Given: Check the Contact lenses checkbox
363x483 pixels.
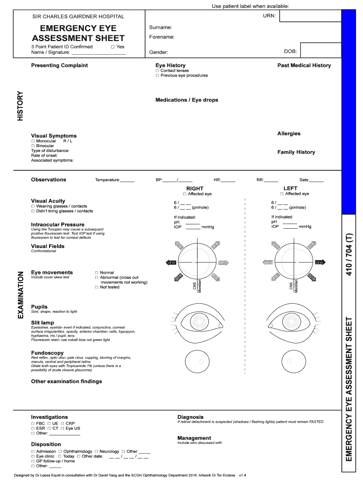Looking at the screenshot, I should click(157, 71).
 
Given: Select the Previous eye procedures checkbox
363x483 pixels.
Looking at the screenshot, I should click(157, 75).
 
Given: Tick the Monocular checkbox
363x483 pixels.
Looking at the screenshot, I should click(33, 141).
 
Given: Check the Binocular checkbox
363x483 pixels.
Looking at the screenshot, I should click(33, 146).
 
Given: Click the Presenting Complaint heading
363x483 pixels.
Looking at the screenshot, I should click(59, 65).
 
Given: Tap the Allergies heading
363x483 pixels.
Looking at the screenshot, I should click(289, 133).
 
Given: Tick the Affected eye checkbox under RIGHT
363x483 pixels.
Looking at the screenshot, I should click(185, 194).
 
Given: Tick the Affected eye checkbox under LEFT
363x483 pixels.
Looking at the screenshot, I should click(282, 194).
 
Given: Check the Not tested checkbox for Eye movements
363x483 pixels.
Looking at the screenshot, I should click(97, 287).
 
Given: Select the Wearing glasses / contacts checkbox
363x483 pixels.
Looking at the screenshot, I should click(33, 207).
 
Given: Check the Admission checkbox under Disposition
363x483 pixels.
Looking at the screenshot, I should click(33, 451).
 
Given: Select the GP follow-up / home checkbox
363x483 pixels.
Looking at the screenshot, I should click(33, 461).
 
